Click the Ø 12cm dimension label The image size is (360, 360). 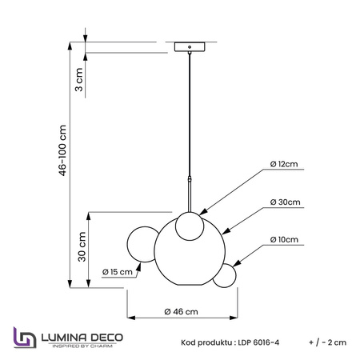[x=284, y=164]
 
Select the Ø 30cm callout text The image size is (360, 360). [x=285, y=202]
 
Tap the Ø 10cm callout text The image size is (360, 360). [x=284, y=239]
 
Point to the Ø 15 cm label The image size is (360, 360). [x=118, y=272]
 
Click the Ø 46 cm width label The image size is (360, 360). [x=182, y=311]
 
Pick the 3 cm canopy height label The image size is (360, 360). [x=79, y=79]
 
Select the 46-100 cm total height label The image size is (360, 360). [x=62, y=150]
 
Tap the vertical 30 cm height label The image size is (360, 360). [x=82, y=246]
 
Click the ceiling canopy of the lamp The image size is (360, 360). [x=190, y=46]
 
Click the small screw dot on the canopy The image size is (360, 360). [x=190, y=47]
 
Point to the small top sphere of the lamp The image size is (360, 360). [x=190, y=226]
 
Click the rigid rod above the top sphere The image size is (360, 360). [x=190, y=194]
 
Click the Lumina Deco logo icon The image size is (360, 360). [x=25, y=338]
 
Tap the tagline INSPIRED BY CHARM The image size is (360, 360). [x=82, y=346]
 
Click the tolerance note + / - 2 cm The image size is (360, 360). [x=327, y=342]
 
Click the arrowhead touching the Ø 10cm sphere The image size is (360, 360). [x=237, y=262]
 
